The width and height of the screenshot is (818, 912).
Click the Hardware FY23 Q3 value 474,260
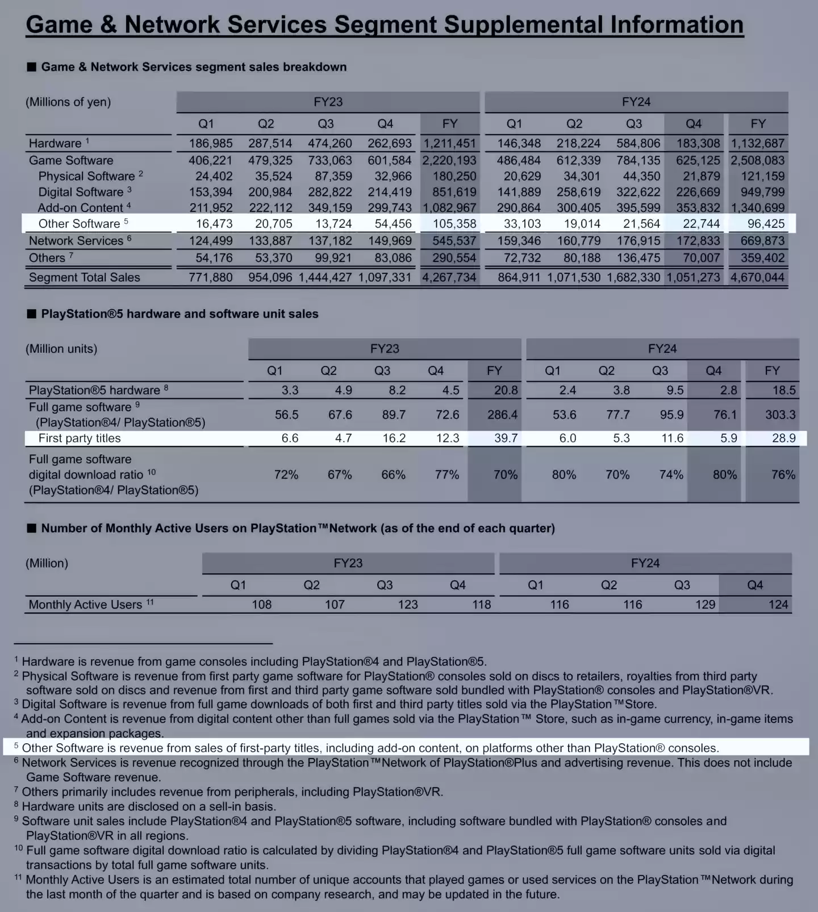tap(329, 144)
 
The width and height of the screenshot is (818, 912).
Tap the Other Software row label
tap(79, 224)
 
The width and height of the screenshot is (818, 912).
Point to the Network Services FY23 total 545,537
tap(454, 241)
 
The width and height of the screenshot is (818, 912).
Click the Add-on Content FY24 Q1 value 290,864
tap(519, 208)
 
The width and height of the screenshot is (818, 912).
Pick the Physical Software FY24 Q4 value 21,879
tap(701, 177)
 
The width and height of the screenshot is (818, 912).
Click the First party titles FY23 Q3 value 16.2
tap(394, 438)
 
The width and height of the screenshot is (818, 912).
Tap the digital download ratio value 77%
tap(446, 475)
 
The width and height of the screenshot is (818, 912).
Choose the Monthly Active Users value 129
tap(705, 605)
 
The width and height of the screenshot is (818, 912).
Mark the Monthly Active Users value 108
tap(261, 605)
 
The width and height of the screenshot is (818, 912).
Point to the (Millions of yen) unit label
tap(68, 102)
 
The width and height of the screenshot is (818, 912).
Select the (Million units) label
tap(61, 349)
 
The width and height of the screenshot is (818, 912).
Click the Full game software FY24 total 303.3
tap(780, 415)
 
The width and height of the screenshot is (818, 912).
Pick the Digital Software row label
tap(81, 193)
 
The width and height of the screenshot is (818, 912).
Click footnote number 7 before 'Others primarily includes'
tap(16, 790)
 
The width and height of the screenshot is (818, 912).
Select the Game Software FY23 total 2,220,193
tap(449, 161)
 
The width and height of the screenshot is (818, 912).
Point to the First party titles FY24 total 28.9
tap(783, 438)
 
